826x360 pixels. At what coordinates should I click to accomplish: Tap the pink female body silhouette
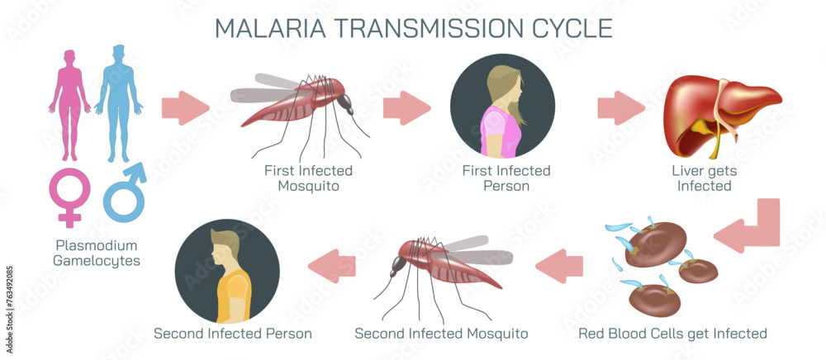coord(69,103)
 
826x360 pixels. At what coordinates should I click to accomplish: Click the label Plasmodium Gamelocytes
coord(97,253)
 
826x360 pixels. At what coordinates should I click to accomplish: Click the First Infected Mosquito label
coord(308,178)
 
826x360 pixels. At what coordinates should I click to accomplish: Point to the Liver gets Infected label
coord(705,178)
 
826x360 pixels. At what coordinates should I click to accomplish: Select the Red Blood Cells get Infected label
coord(672,334)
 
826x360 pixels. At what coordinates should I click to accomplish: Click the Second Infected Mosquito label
coord(441,334)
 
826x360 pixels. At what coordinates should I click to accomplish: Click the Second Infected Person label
coord(233,334)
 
